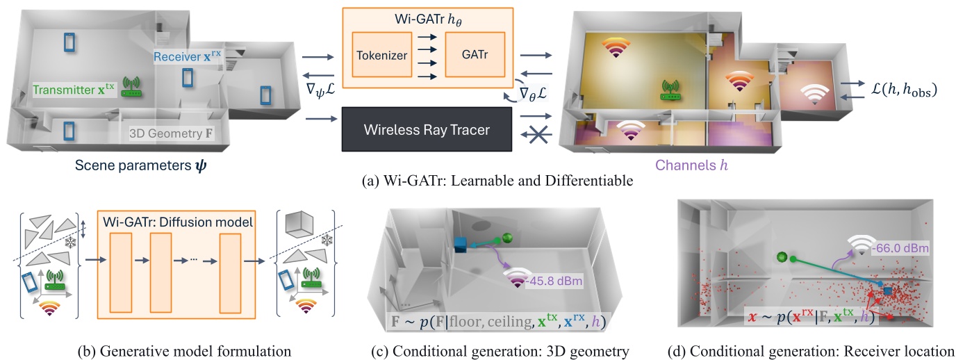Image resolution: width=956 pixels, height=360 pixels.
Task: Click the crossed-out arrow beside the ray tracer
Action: (x=534, y=135)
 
